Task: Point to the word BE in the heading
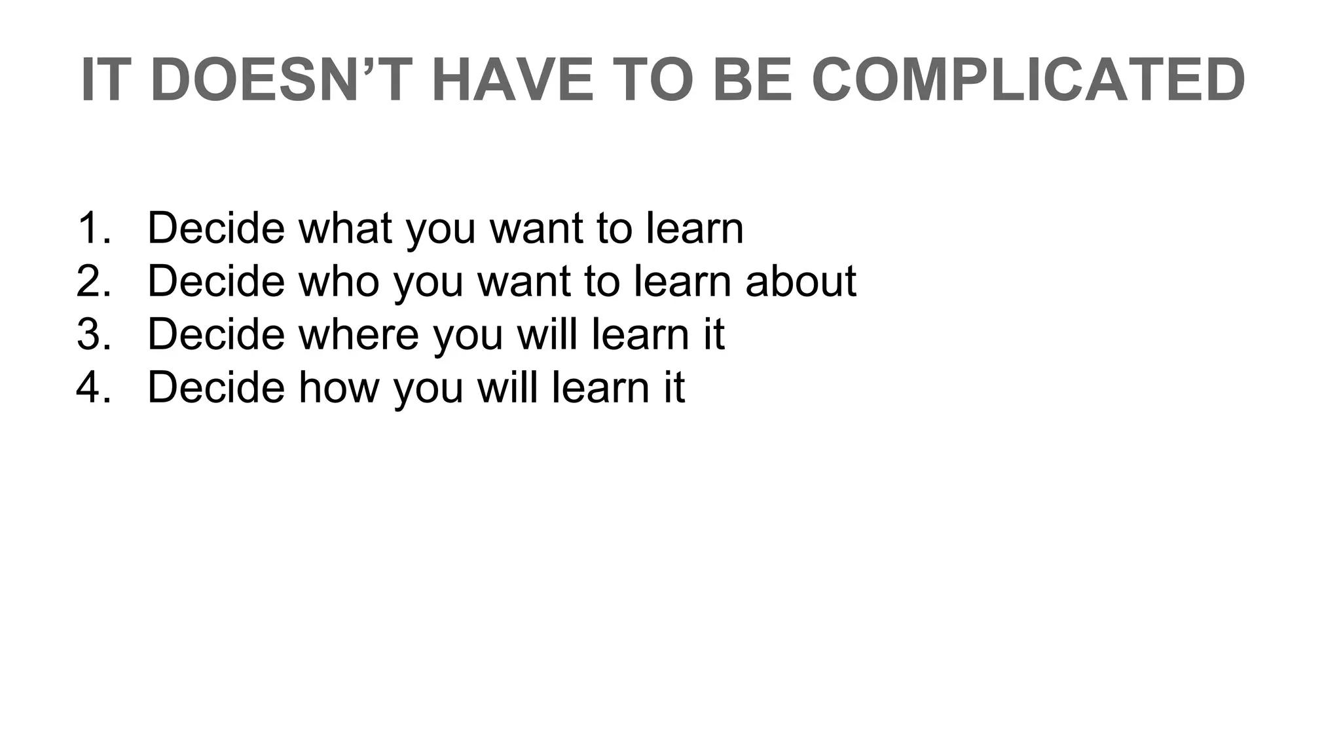(x=752, y=80)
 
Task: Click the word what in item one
(x=345, y=228)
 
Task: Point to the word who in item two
(x=339, y=281)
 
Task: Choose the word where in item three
(x=358, y=334)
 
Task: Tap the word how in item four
(x=339, y=387)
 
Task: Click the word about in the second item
(x=800, y=281)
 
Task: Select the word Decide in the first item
(x=216, y=228)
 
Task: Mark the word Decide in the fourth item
(x=216, y=387)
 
